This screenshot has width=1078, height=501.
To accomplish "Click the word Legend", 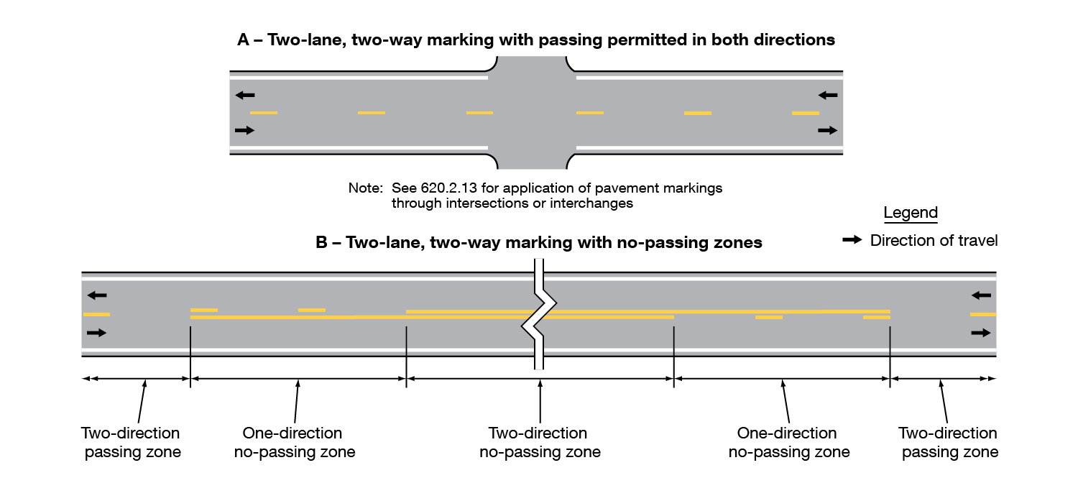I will (911, 213).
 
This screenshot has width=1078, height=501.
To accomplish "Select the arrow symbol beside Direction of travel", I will (852, 241).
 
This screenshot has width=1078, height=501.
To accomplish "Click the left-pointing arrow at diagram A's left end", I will (244, 95).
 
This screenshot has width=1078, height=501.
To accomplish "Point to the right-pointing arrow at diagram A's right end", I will (828, 130).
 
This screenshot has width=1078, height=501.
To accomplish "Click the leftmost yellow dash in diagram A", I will (263, 113).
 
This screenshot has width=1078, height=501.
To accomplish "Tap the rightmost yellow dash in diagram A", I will (805, 113).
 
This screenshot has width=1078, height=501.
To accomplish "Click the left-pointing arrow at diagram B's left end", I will (96, 295).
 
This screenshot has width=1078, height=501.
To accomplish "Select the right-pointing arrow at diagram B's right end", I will (980, 333).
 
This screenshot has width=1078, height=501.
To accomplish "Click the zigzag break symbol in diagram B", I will (538, 316).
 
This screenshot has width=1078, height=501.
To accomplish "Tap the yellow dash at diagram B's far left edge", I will (96, 314).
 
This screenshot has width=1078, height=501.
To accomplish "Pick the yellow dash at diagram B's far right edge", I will (982, 314).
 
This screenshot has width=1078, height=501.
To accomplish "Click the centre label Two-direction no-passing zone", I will (539, 443).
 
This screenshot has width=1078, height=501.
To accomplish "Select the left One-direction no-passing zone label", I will (294, 443).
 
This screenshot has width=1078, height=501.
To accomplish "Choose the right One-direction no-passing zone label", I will (788, 443).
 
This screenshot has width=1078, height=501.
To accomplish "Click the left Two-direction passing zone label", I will (132, 443).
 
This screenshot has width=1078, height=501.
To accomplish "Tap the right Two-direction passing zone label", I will (949, 443).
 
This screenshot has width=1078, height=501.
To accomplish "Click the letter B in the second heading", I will (322, 243).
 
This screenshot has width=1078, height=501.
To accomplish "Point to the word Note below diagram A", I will (365, 188).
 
